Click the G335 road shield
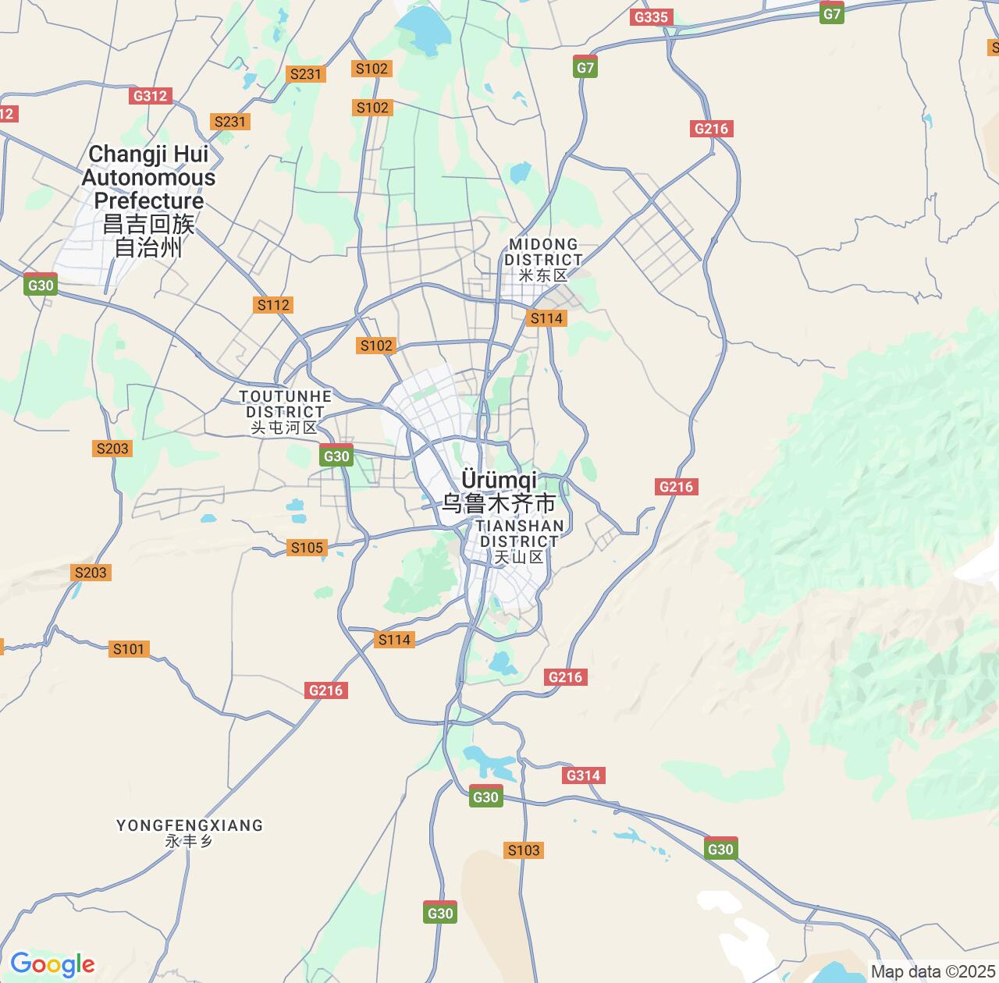(x=651, y=17)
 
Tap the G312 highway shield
(x=150, y=96)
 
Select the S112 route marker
(x=273, y=305)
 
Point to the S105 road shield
(x=307, y=548)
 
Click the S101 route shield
(x=129, y=649)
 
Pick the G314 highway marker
(x=583, y=775)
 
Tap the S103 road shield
(x=524, y=850)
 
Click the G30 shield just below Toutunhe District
(x=336, y=456)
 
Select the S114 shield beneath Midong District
(x=546, y=318)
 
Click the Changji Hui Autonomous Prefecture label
(x=148, y=178)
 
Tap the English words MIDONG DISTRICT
(x=544, y=252)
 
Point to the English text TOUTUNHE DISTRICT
(x=285, y=404)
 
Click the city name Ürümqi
(x=499, y=478)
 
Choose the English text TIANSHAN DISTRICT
(x=520, y=534)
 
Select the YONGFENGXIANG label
(x=190, y=825)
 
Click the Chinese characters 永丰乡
(x=189, y=842)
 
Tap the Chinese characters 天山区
(x=519, y=557)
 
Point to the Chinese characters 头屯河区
(x=284, y=428)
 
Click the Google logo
(x=52, y=965)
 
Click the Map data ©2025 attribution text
(x=933, y=972)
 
